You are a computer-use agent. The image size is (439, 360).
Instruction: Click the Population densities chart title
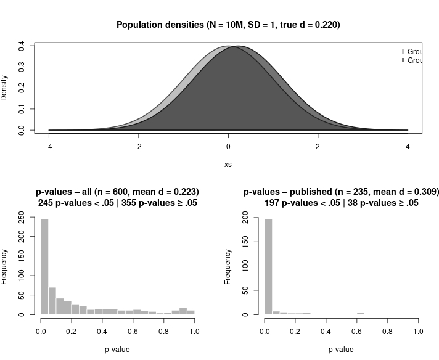[x=228, y=25]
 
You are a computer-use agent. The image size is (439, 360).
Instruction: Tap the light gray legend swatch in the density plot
[x=404, y=52]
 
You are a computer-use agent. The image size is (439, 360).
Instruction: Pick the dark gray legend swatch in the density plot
[x=404, y=60]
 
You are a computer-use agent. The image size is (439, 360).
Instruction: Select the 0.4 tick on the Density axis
[x=22, y=46]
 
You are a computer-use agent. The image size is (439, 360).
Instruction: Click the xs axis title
[x=228, y=165]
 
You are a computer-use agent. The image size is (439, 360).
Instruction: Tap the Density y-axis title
[x=5, y=88]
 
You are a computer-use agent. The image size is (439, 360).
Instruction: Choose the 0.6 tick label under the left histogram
[x=133, y=331]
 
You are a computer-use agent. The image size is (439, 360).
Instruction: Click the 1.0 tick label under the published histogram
[x=419, y=331]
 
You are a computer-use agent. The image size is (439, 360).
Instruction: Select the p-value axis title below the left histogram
[x=118, y=350]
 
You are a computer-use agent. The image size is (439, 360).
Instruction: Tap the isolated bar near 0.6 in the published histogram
[x=361, y=313]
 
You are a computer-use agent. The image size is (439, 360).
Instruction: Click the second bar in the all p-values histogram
[x=52, y=301]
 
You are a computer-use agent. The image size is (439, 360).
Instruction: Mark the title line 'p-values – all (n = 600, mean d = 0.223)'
[x=117, y=192]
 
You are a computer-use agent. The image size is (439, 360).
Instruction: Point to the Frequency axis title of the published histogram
[x=228, y=266]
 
